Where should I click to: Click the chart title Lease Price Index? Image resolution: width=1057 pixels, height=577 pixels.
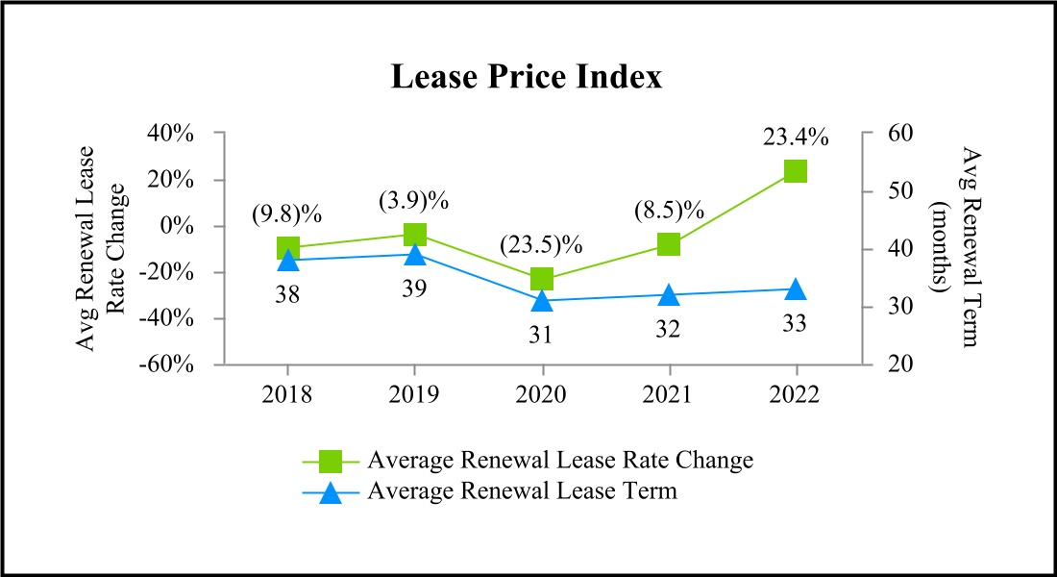[x=527, y=78]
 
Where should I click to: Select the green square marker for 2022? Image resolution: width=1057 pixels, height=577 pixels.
[x=796, y=171]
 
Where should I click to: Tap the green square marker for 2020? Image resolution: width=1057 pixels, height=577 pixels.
[x=542, y=280]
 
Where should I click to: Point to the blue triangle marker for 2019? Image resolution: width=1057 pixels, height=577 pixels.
[x=414, y=254]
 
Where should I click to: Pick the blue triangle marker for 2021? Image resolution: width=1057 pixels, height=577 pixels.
[x=669, y=294]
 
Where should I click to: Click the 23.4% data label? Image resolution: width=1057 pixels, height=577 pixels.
[x=796, y=138]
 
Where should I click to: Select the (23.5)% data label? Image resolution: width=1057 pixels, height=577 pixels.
[x=542, y=244]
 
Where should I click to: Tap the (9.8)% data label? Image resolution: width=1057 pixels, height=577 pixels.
[x=287, y=213]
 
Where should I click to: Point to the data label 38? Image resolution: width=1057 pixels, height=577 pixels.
[x=287, y=294]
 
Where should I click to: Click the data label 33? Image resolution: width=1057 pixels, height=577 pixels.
[x=796, y=324]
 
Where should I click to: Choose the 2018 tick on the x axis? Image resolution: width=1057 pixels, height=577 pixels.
[x=287, y=394]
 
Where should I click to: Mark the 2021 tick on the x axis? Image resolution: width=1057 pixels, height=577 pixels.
[x=669, y=394]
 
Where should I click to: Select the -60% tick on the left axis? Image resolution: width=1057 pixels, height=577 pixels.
[x=170, y=365]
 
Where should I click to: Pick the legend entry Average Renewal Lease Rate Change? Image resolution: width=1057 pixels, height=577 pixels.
[x=559, y=461]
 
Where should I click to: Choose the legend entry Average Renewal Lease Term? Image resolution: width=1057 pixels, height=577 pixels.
[x=522, y=492]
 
